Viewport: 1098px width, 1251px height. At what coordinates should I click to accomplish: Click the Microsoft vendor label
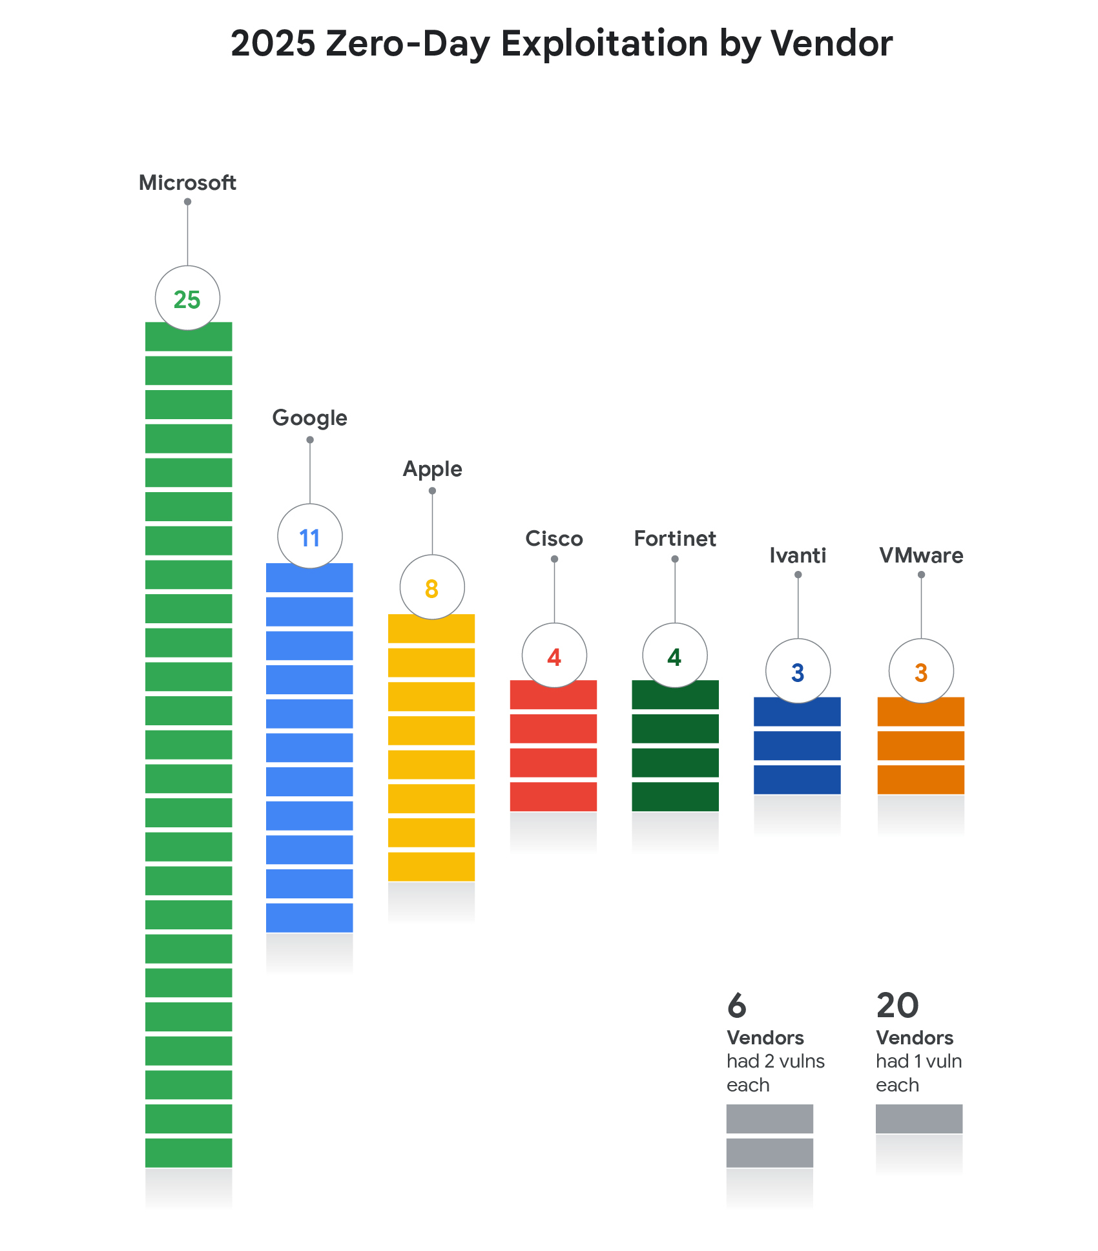tap(187, 183)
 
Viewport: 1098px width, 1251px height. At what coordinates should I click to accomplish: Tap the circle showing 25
tap(187, 298)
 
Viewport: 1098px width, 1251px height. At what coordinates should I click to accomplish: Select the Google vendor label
tap(309, 418)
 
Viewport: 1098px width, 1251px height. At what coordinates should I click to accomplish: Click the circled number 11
tap(310, 537)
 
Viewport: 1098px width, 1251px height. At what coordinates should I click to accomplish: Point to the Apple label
tap(432, 469)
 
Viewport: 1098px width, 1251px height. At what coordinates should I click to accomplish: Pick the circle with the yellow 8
tap(432, 588)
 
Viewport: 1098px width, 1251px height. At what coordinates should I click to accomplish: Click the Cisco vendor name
tap(554, 539)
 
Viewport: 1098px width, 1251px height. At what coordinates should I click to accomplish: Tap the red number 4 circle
tap(554, 656)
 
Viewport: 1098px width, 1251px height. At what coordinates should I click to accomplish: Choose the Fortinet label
tap(675, 539)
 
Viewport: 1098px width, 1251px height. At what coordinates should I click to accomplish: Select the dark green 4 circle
tap(675, 656)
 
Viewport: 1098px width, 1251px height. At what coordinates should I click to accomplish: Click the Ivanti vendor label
tap(798, 555)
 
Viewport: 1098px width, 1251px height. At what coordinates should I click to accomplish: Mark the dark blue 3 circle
tap(798, 672)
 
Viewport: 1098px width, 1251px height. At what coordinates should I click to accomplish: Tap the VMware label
tap(921, 555)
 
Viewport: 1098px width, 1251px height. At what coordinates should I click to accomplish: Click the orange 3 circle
tap(921, 672)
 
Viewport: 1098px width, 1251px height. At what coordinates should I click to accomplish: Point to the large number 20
tap(897, 1006)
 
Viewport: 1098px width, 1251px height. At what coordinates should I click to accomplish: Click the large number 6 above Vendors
tap(737, 1006)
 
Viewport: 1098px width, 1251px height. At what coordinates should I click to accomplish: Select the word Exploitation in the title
tap(605, 44)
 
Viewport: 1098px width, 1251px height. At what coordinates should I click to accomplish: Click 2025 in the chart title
tap(273, 44)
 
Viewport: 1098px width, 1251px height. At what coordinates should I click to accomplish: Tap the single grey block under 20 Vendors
tap(918, 1119)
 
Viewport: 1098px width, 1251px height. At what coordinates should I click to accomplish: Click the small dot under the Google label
tap(310, 440)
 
